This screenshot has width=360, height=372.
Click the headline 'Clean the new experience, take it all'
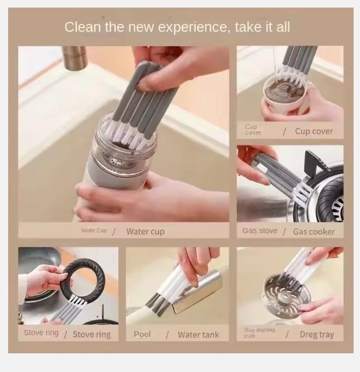click(x=177, y=27)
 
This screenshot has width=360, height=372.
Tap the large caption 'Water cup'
click(x=145, y=231)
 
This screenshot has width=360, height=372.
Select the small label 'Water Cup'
click(x=94, y=231)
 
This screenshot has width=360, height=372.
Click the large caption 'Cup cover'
click(x=313, y=131)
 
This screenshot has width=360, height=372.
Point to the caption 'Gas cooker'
click(x=313, y=231)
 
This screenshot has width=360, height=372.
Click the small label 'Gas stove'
click(x=260, y=231)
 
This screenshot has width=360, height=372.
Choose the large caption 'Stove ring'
click(x=91, y=335)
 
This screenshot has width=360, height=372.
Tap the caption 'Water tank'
click(x=198, y=335)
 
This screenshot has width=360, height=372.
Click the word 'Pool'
click(x=142, y=334)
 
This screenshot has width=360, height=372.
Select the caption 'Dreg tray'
click(x=317, y=335)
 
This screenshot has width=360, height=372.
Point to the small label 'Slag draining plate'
click(x=259, y=333)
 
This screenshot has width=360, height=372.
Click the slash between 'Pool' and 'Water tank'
click(x=167, y=335)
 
